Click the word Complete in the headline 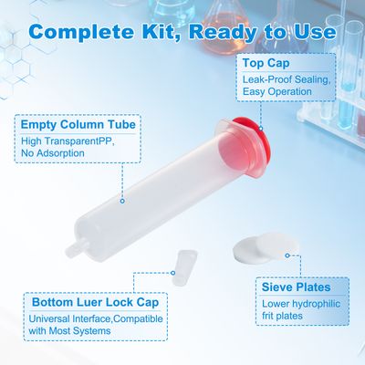click(82, 32)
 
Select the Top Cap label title click(266, 63)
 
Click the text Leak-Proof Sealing click(287, 79)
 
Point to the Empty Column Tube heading click(78, 124)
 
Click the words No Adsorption click(53, 153)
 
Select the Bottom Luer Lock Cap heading click(96, 302)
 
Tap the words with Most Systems click(69, 330)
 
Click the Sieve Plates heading click(297, 287)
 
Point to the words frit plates click(282, 316)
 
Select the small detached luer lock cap click(185, 267)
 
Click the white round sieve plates click(266, 248)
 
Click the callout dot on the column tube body click(122, 201)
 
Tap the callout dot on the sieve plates click(287, 255)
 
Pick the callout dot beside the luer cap click(172, 273)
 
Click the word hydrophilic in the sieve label click(316, 304)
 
